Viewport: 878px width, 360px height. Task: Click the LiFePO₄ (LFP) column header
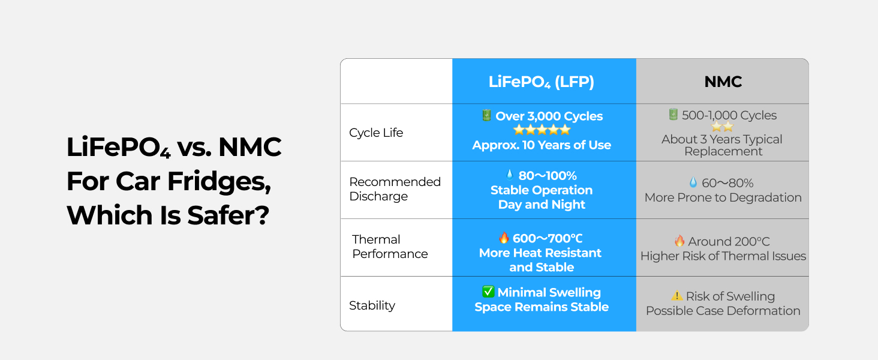pos(542,82)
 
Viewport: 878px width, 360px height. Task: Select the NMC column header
pos(723,82)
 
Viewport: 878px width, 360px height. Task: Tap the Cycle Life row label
pos(376,133)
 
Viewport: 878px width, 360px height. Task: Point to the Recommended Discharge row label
pos(395,188)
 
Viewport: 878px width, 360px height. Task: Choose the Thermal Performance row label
pos(390,246)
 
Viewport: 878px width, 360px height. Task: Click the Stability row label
pos(372,305)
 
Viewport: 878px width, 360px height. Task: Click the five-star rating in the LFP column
pos(542,130)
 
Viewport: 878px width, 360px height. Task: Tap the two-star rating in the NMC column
pos(722,127)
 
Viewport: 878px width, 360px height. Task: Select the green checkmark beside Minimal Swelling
pos(488,292)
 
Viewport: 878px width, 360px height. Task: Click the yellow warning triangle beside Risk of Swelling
pos(677,295)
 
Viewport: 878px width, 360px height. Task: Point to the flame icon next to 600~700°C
pos(504,237)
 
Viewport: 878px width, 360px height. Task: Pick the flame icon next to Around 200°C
pos(679,241)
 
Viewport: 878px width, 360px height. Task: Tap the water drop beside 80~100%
pos(510,175)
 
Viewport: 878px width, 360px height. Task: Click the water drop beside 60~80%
pos(693,182)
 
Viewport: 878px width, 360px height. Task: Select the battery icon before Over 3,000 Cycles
pos(486,115)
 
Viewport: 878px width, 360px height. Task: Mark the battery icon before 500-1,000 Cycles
pos(673,115)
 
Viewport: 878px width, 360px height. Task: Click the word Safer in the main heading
pos(228,215)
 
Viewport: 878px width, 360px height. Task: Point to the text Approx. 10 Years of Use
pos(542,145)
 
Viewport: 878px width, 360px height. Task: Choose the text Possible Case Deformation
pos(723,311)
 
